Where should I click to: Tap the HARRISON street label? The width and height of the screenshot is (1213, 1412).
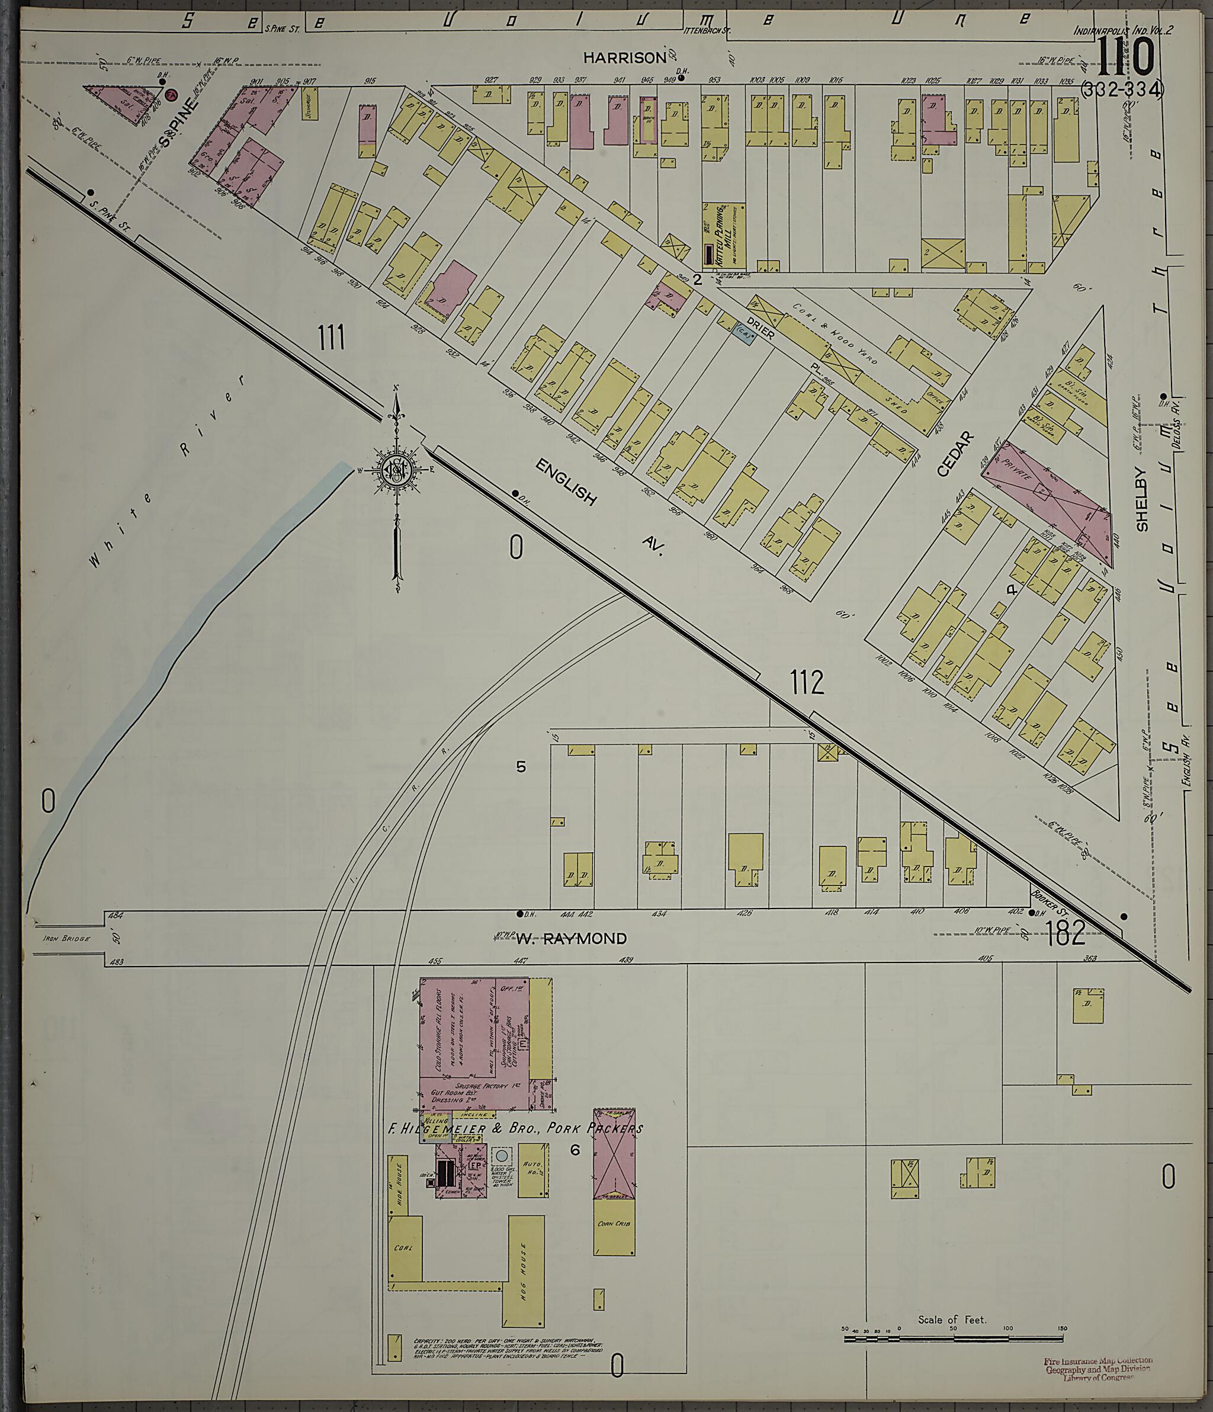click(x=633, y=58)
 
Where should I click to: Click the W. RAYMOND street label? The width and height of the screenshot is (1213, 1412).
click(x=570, y=939)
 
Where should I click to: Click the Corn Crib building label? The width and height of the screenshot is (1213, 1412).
click(x=614, y=1224)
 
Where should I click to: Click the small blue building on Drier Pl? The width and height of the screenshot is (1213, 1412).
click(x=743, y=335)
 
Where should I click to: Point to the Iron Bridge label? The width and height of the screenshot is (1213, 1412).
click(x=66, y=938)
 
